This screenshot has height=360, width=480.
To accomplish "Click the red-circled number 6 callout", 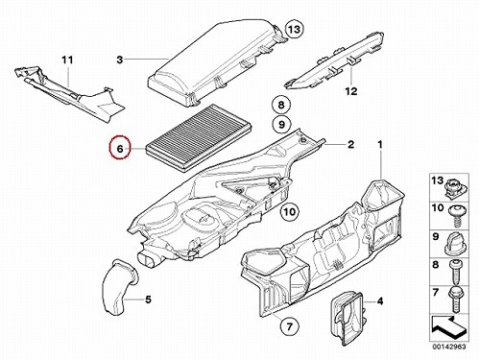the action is click(x=119, y=148).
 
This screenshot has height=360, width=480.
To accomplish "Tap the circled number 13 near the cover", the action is click(x=294, y=29).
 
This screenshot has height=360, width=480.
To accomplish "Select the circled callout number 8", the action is click(x=281, y=105).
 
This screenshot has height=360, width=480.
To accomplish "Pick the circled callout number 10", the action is click(x=290, y=211).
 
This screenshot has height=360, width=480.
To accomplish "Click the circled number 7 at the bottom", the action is click(x=289, y=326).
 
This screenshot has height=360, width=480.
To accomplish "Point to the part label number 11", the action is click(x=67, y=60).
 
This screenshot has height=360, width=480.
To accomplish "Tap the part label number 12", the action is click(x=351, y=91).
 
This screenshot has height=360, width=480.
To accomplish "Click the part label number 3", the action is click(x=120, y=60).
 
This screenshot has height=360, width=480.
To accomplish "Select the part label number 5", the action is click(x=148, y=300).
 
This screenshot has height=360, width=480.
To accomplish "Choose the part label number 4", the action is click(x=380, y=301).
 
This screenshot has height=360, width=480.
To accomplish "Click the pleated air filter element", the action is click(x=199, y=137).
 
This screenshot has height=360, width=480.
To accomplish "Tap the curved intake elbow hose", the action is click(x=119, y=287).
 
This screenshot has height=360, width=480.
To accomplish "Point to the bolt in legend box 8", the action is click(x=455, y=272).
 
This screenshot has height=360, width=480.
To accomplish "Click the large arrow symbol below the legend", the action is click(x=448, y=328).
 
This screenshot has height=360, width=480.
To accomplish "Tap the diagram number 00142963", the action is click(x=449, y=347).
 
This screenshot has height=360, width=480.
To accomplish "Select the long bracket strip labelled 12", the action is click(x=335, y=60).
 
